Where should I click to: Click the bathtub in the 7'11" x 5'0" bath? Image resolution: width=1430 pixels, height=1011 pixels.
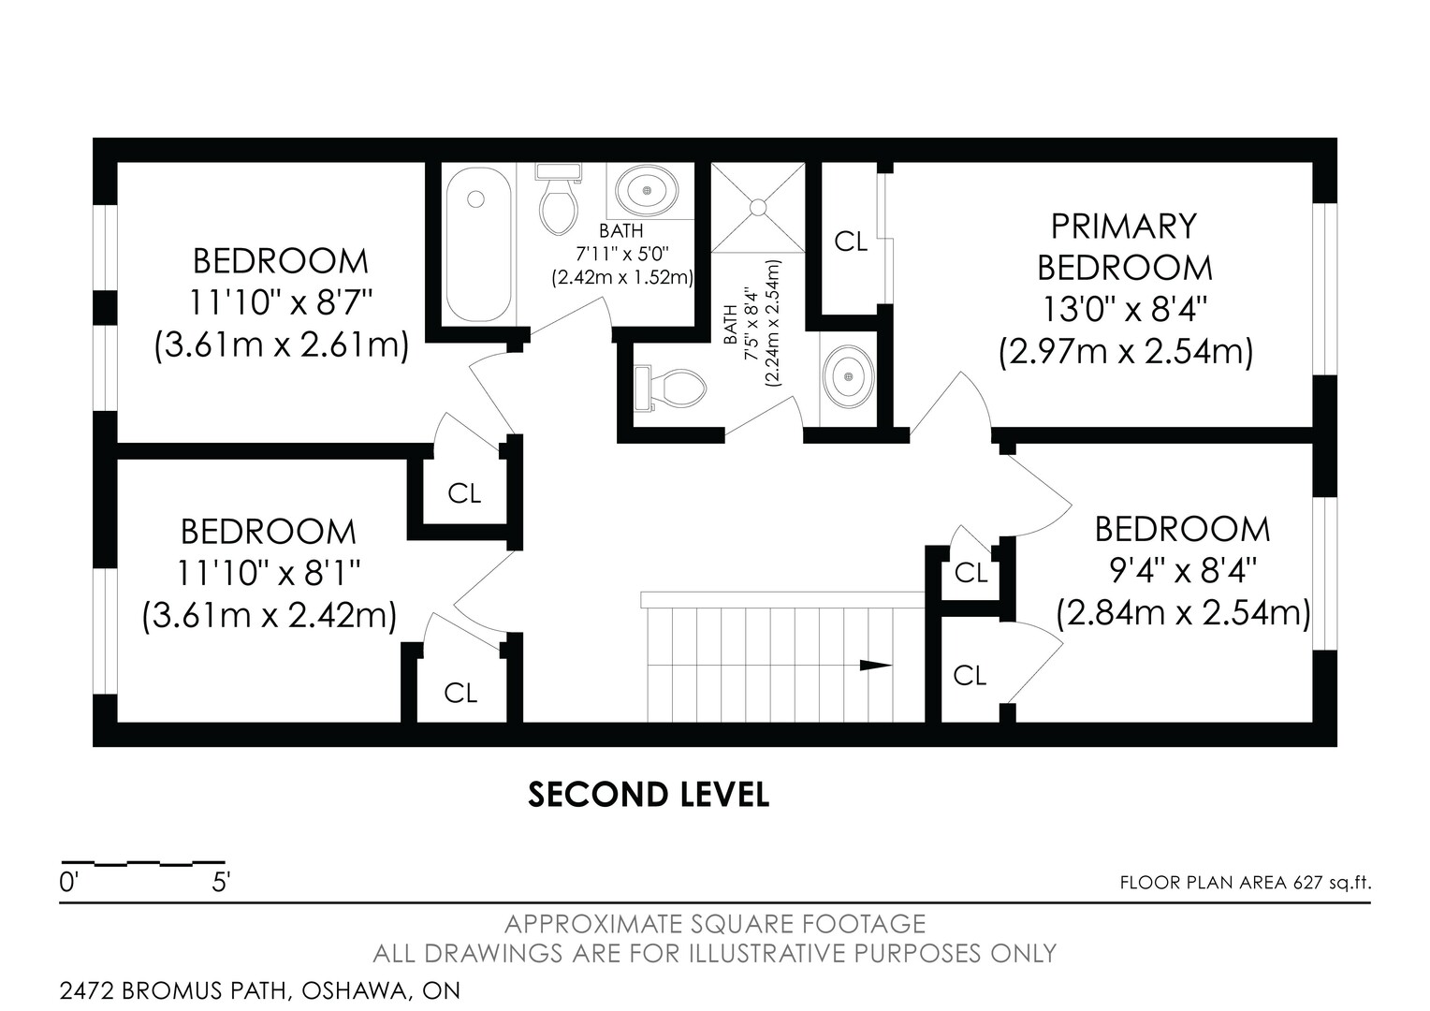479,244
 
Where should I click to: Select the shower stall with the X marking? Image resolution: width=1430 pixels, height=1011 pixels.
758,208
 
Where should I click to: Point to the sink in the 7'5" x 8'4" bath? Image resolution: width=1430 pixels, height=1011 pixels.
848,377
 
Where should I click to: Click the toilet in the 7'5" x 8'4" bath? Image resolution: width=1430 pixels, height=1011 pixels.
670,388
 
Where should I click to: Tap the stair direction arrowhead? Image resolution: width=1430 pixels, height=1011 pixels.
875,666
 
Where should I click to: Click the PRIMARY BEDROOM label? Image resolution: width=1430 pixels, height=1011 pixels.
1124,246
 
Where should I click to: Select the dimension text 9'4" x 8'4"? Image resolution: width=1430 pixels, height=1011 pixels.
1183,570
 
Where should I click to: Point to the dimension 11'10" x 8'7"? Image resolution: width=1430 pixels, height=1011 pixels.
280,302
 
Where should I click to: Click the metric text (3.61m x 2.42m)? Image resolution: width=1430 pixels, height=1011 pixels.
270,616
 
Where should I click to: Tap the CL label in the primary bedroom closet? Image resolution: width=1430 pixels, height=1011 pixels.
851,242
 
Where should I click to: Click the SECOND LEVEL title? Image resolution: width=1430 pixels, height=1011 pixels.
649,795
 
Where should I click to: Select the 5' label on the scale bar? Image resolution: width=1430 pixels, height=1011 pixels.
221,883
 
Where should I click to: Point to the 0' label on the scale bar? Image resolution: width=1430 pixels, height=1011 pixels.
68,883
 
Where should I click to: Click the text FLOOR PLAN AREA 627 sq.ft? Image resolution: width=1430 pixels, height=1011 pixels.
1246,883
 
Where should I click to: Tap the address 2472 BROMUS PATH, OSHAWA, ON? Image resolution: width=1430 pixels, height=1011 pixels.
260,990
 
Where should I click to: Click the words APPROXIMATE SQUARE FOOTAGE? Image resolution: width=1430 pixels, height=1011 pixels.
715,924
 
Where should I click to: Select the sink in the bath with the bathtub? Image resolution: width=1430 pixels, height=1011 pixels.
646,190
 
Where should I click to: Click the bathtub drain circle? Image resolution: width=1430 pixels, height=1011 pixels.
475,199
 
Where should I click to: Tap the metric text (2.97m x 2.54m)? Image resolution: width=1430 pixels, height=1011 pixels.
1126,353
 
